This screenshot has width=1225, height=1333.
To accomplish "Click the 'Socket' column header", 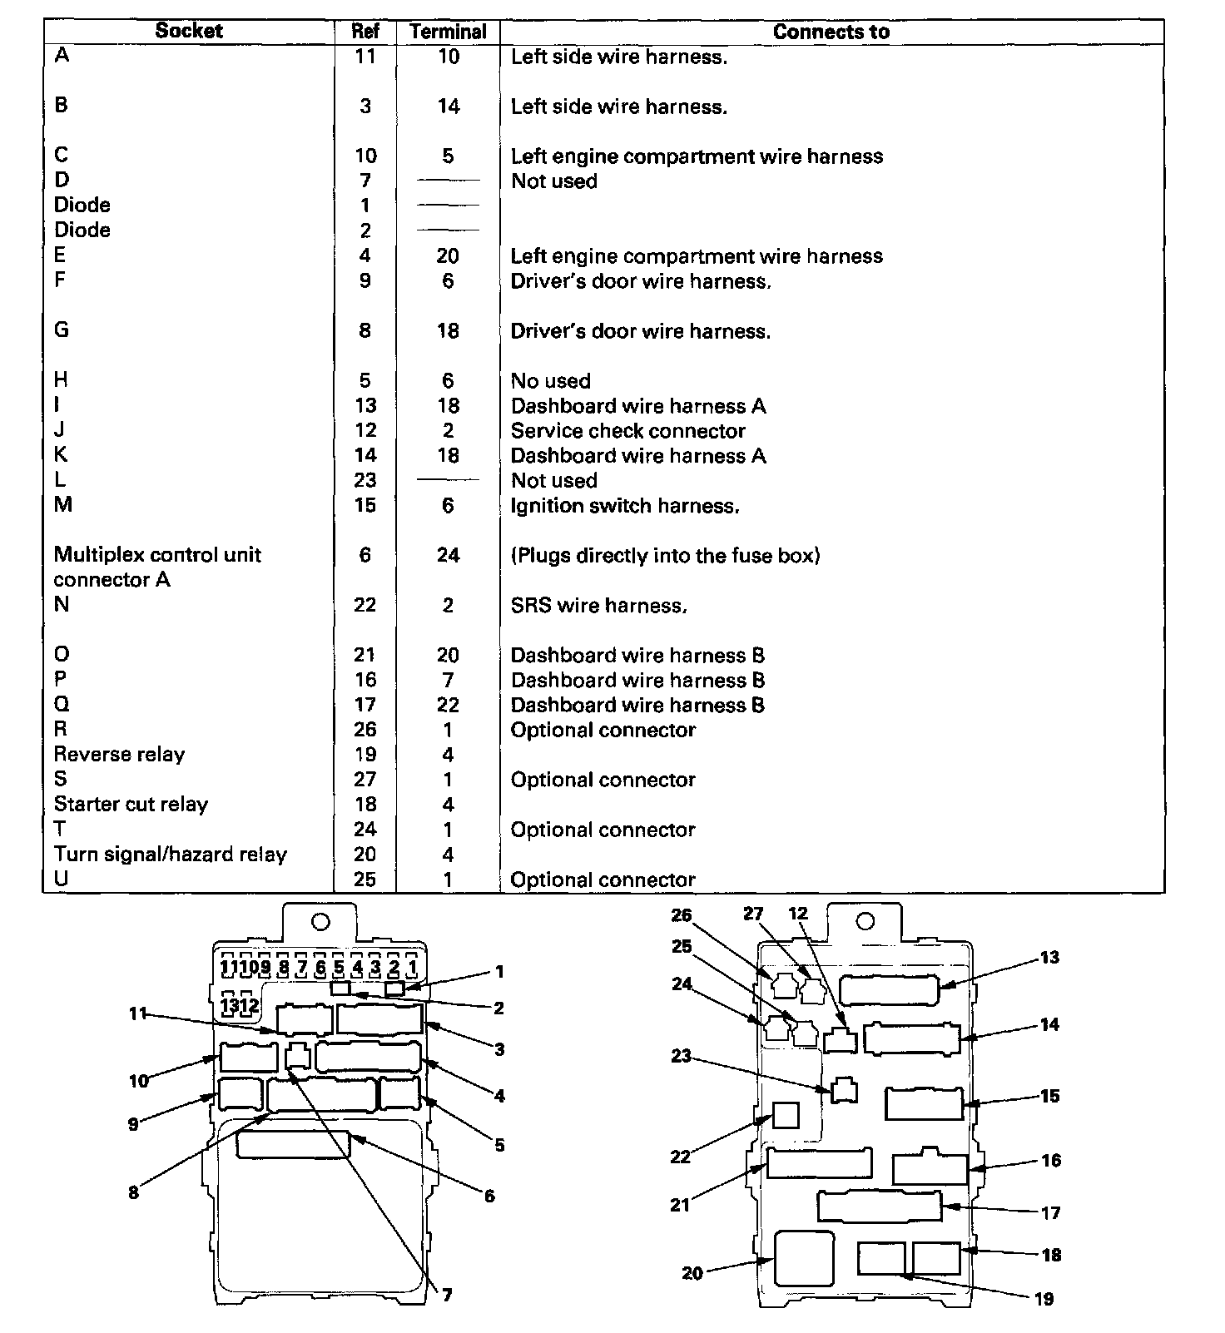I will coord(189,31).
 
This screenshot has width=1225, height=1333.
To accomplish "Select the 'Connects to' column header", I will coord(831,32).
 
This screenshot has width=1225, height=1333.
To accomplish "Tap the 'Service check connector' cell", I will coord(627,431).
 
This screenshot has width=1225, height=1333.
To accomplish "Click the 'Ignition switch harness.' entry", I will coord(624,506).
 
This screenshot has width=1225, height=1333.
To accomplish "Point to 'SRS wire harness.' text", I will coord(598,606).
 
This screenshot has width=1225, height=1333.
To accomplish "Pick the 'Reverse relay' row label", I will coord(119,755).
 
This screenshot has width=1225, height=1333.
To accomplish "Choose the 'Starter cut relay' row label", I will coord(131,805).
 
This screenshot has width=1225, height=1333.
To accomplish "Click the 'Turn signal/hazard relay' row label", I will coord(170,855).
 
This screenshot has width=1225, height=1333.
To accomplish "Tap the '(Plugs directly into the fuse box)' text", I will coord(665,556).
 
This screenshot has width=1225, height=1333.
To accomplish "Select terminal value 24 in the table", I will coord(448,556).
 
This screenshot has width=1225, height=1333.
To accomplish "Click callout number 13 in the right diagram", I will coord(1049,957).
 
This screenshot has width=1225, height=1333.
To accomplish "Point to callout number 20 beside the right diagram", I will coord(692,1272).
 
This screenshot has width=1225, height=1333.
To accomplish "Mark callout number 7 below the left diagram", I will coord(447,1295).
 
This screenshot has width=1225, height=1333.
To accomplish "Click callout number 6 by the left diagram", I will coord(489,1196).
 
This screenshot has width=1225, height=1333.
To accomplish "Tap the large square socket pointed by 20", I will coord(803,1258).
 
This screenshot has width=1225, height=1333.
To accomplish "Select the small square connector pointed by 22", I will coord(786,1115).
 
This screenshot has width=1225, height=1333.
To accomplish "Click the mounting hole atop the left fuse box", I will coord(320,922).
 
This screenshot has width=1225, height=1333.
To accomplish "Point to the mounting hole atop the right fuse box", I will coord(865,921).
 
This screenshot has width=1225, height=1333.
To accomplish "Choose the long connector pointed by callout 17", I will coord(879,1207).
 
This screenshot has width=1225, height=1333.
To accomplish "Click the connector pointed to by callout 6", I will coord(293,1145).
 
